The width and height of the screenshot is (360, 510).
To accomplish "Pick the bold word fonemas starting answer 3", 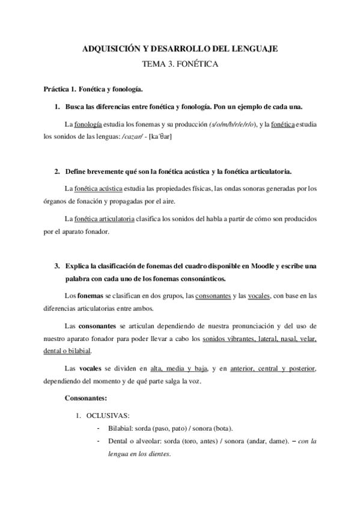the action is [x=90, y=296].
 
